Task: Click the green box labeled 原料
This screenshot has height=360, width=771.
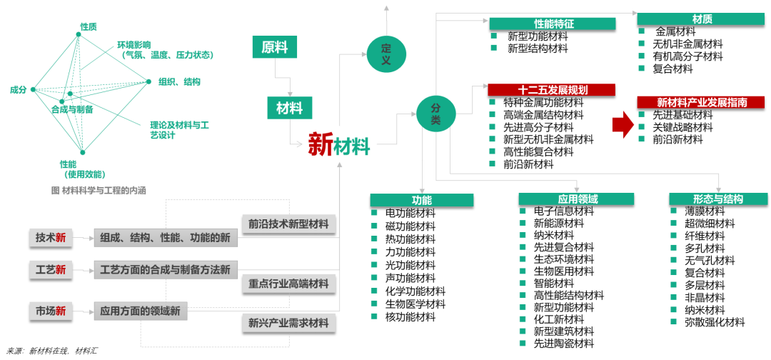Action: click(x=274, y=47)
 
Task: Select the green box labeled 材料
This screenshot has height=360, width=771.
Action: click(x=289, y=108)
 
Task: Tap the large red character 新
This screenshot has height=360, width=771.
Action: click(x=321, y=145)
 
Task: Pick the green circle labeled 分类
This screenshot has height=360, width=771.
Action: click(x=436, y=113)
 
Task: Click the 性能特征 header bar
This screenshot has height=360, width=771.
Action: click(x=553, y=24)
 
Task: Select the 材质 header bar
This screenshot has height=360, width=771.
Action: click(x=701, y=19)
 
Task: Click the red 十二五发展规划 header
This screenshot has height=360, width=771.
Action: click(x=551, y=90)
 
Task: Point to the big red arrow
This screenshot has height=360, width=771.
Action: click(x=623, y=124)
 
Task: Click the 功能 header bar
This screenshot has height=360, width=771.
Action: click(x=421, y=200)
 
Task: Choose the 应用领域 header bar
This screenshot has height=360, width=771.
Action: click(x=576, y=199)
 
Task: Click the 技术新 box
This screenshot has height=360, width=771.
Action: click(x=51, y=238)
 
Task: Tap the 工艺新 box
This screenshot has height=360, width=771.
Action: click(x=51, y=269)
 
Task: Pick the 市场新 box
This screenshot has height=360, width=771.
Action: click(x=51, y=311)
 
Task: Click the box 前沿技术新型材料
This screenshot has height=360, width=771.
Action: click(x=288, y=224)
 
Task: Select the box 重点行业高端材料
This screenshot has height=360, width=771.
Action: click(x=288, y=284)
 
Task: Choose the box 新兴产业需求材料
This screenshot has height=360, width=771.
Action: click(x=288, y=323)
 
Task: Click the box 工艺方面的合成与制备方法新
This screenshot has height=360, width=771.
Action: click(x=165, y=269)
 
